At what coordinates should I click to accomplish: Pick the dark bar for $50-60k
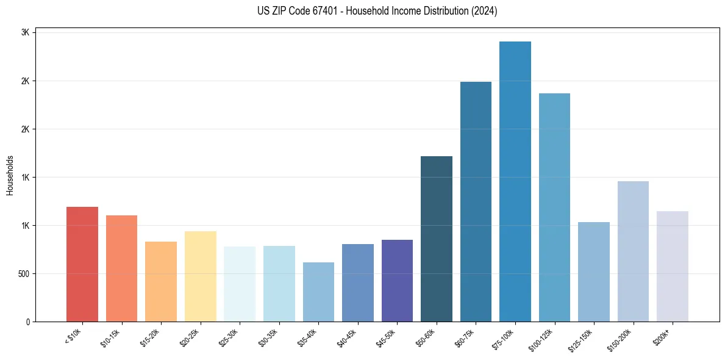437,239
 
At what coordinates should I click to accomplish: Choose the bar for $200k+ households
673,266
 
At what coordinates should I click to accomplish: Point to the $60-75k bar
476,201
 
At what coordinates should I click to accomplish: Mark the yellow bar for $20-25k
201,276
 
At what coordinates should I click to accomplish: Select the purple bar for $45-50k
397,281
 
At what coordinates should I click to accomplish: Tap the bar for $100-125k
554,207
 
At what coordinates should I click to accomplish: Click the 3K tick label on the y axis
25,33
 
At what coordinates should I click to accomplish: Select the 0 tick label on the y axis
27,322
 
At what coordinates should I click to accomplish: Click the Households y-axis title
10,175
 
